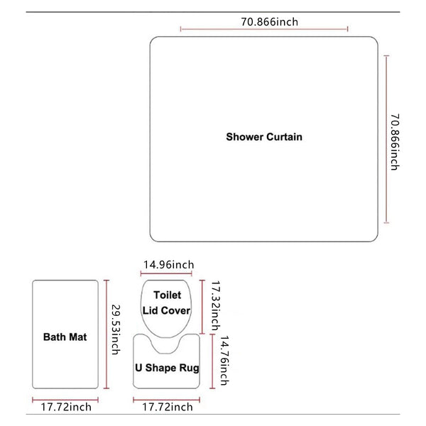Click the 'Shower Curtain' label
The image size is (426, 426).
tap(264, 137)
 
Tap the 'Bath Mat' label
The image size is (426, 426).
tap(65, 337)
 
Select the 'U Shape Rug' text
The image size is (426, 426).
tap(167, 368)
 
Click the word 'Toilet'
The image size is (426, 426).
tap(167, 295)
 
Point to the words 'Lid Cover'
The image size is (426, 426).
tap(166, 310)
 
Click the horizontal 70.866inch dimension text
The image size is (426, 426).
tap(270, 22)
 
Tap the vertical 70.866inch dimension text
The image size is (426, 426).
tap(395, 142)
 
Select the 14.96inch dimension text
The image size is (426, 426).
tap(169, 265)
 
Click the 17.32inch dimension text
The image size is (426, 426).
tap(216, 305)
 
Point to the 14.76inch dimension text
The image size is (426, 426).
tap(224, 360)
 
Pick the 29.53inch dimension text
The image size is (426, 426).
tap(116, 329)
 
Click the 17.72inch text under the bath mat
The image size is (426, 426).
tap(66, 407)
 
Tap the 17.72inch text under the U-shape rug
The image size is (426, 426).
tap(168, 407)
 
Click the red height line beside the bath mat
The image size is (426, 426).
tap(106, 334)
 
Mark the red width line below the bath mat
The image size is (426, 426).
tap(65, 400)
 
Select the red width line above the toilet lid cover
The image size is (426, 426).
tap(166, 273)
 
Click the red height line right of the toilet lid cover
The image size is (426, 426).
tap(202, 307)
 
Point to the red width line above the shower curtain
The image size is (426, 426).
tap(264, 29)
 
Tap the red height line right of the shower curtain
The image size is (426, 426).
tap(386, 139)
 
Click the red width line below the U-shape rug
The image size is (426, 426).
tap(167, 400)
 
